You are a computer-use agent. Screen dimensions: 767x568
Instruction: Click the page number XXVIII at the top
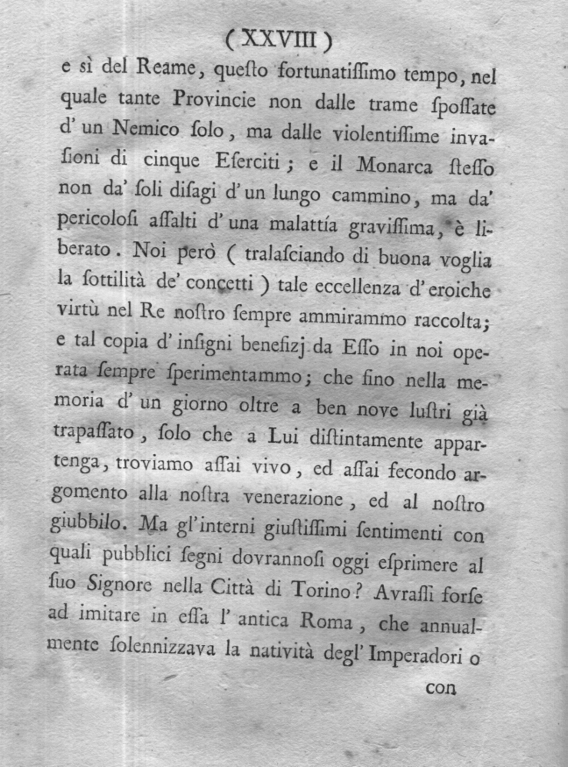tap(279, 38)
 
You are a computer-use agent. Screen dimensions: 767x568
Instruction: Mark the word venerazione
tap(294, 499)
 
